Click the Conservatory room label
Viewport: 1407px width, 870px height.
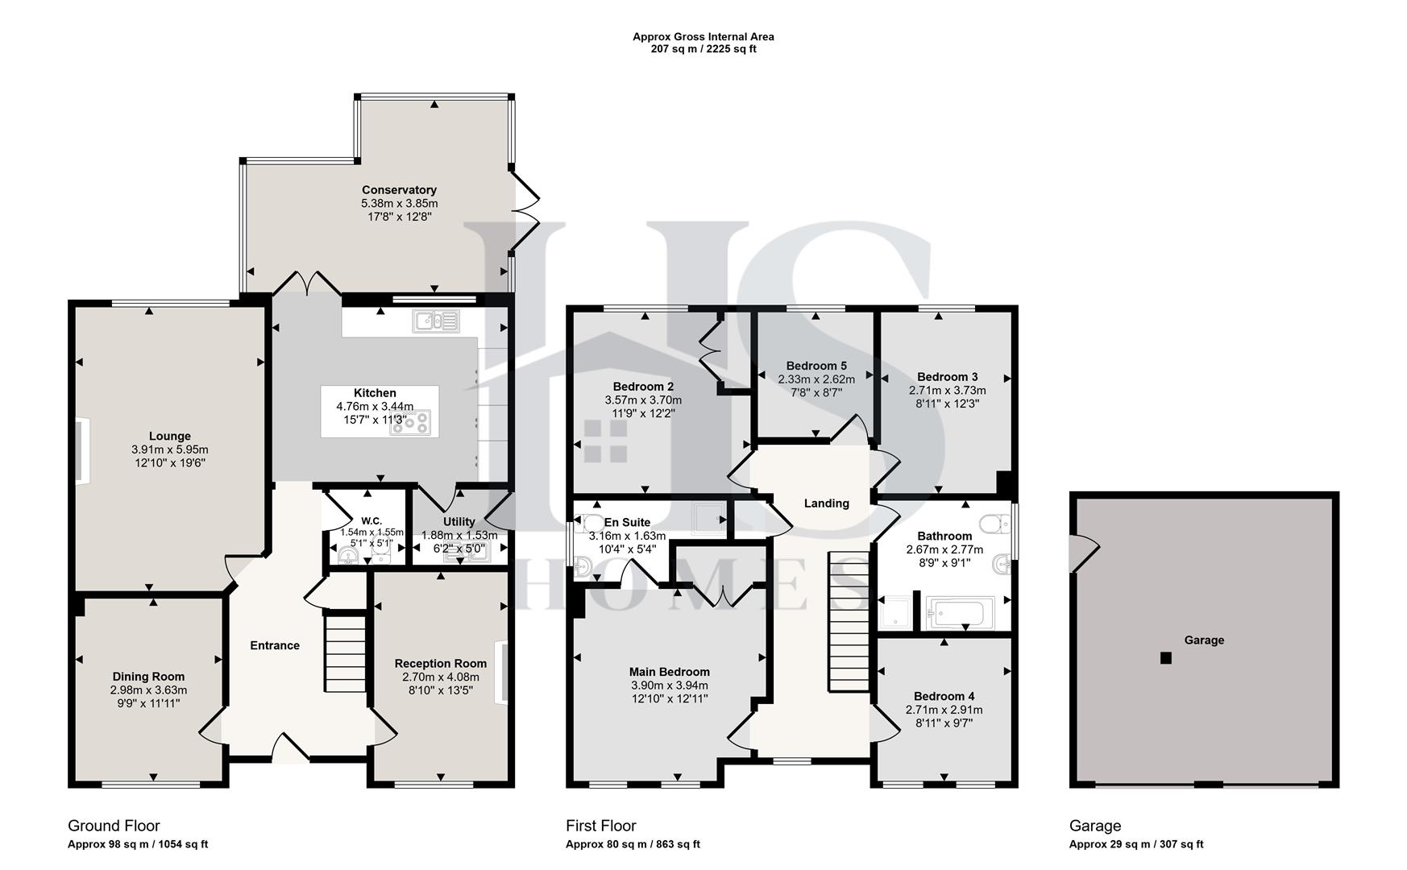click(x=399, y=190)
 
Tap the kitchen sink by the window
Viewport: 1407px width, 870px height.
click(x=435, y=321)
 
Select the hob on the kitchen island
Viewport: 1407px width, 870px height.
click(x=411, y=422)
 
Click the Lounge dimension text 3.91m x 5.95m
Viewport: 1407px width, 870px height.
click(x=169, y=449)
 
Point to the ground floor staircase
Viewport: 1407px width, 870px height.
click(x=346, y=652)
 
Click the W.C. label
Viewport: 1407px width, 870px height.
click(x=371, y=520)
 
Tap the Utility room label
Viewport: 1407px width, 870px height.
click(x=459, y=521)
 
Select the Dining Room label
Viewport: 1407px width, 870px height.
click(x=148, y=677)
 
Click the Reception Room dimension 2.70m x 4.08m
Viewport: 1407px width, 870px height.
click(x=441, y=677)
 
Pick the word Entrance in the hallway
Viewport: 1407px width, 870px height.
click(x=275, y=645)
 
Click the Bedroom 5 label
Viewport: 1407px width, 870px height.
click(x=816, y=366)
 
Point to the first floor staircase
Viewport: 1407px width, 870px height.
click(x=849, y=620)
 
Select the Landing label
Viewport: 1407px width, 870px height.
click(x=826, y=503)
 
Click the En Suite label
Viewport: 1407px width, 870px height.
click(x=627, y=522)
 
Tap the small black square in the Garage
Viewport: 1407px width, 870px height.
click(x=1165, y=658)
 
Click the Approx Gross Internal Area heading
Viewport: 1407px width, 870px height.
click(x=703, y=36)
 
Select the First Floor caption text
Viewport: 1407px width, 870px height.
click(x=600, y=826)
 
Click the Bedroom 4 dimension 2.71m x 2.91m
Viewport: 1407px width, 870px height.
click(x=944, y=710)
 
